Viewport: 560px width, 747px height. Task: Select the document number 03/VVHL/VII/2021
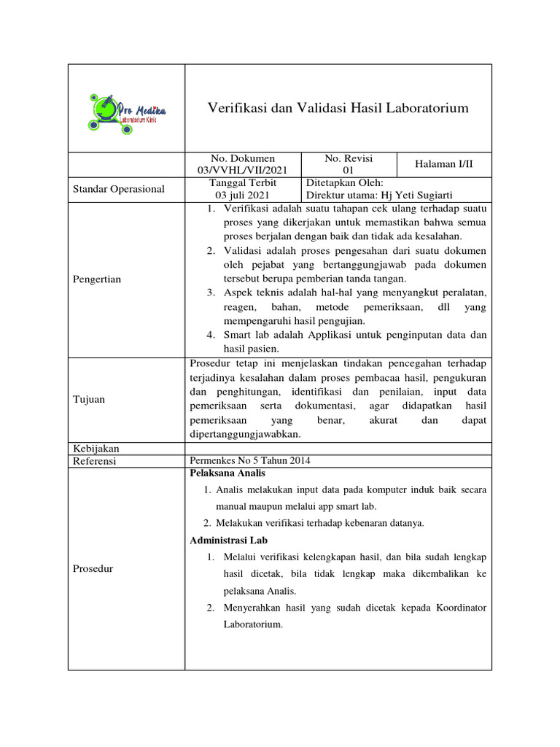pyautogui.click(x=243, y=170)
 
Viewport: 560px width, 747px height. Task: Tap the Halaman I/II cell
pyautogui.click(x=444, y=164)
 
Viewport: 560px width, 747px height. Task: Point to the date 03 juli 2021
pyautogui.click(x=242, y=195)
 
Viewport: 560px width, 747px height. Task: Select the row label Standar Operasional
pyautogui.click(x=119, y=189)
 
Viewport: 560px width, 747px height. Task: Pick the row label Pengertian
pyautogui.click(x=98, y=279)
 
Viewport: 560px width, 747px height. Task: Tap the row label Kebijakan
pyautogui.click(x=96, y=449)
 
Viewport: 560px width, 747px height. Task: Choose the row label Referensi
pyautogui.click(x=96, y=461)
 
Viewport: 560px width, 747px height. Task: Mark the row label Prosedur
pyautogui.click(x=93, y=568)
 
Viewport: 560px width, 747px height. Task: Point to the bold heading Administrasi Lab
pyautogui.click(x=228, y=541)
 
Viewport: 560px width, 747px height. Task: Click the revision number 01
pyautogui.click(x=349, y=170)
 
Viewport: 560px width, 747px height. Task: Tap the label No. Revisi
pyautogui.click(x=349, y=158)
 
